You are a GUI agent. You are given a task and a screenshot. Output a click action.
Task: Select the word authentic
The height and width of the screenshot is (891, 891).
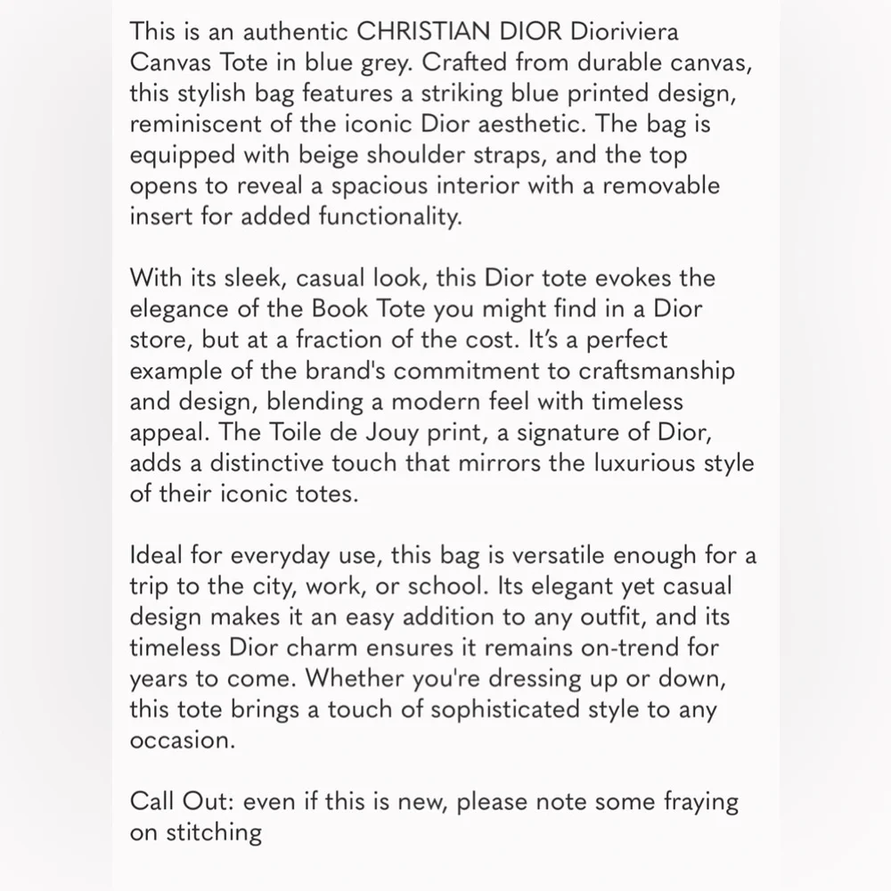(287, 32)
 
